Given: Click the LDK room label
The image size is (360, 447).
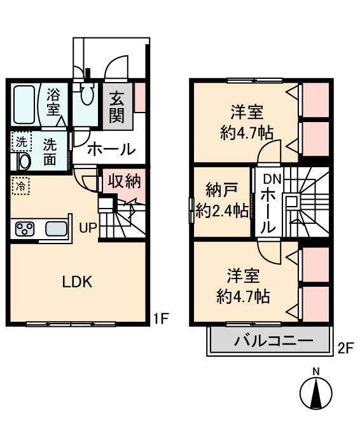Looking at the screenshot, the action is click(77, 282).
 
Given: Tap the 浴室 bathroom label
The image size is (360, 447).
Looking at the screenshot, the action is click(53, 102).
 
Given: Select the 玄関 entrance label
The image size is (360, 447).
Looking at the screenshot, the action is click(117, 107).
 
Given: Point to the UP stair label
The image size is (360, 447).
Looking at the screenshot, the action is click(88, 228).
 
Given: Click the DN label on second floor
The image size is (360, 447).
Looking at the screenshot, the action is click(272, 179).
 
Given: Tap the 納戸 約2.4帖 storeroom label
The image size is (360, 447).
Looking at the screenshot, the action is click(221, 201).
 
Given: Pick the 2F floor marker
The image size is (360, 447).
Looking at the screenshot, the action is click(345, 348).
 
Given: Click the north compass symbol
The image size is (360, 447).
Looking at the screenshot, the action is click(316, 392).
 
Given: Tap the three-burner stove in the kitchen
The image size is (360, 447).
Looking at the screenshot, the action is click(25, 229).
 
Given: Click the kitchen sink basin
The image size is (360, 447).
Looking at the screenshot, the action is click(56, 229).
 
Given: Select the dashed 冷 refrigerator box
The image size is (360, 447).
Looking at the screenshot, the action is click(20, 186).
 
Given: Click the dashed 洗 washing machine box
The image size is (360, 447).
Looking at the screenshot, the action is click(21, 142).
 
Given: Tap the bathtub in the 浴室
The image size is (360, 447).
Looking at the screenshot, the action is click(24, 105).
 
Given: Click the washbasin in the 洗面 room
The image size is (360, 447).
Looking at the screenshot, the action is click(24, 162).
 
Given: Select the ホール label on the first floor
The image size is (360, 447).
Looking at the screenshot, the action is click(111, 149).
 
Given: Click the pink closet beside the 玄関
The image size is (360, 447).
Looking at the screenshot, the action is click(140, 97).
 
